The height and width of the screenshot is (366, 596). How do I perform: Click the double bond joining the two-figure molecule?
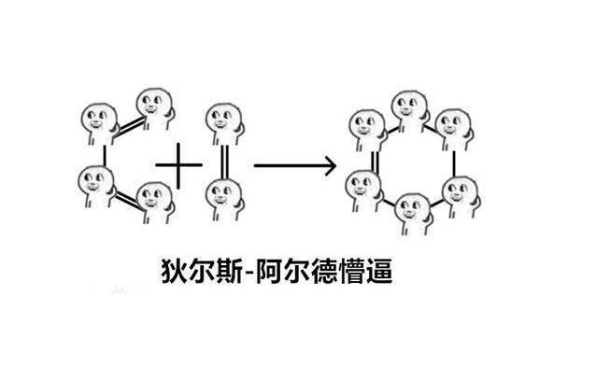222,161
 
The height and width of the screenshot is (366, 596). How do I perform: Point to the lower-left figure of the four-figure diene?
95,183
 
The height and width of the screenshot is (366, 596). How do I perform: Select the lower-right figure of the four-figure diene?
152,201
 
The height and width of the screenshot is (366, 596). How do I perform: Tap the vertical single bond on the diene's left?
104,154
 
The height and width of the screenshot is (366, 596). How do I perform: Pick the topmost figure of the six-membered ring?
409,109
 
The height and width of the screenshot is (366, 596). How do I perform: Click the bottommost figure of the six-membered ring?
411,213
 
